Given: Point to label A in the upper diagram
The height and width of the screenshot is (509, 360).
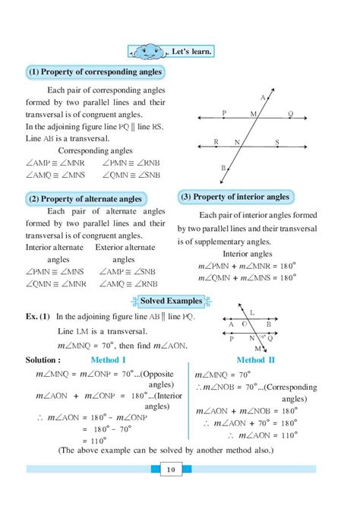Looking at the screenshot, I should click(263, 98).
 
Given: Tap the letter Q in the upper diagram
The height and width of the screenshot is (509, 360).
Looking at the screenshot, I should click(290, 113).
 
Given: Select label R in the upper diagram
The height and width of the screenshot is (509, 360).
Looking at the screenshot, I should click(216, 141).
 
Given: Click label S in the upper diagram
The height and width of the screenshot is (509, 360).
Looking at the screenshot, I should click(276, 142).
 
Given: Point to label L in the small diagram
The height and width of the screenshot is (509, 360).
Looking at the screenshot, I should click(273, 312).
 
